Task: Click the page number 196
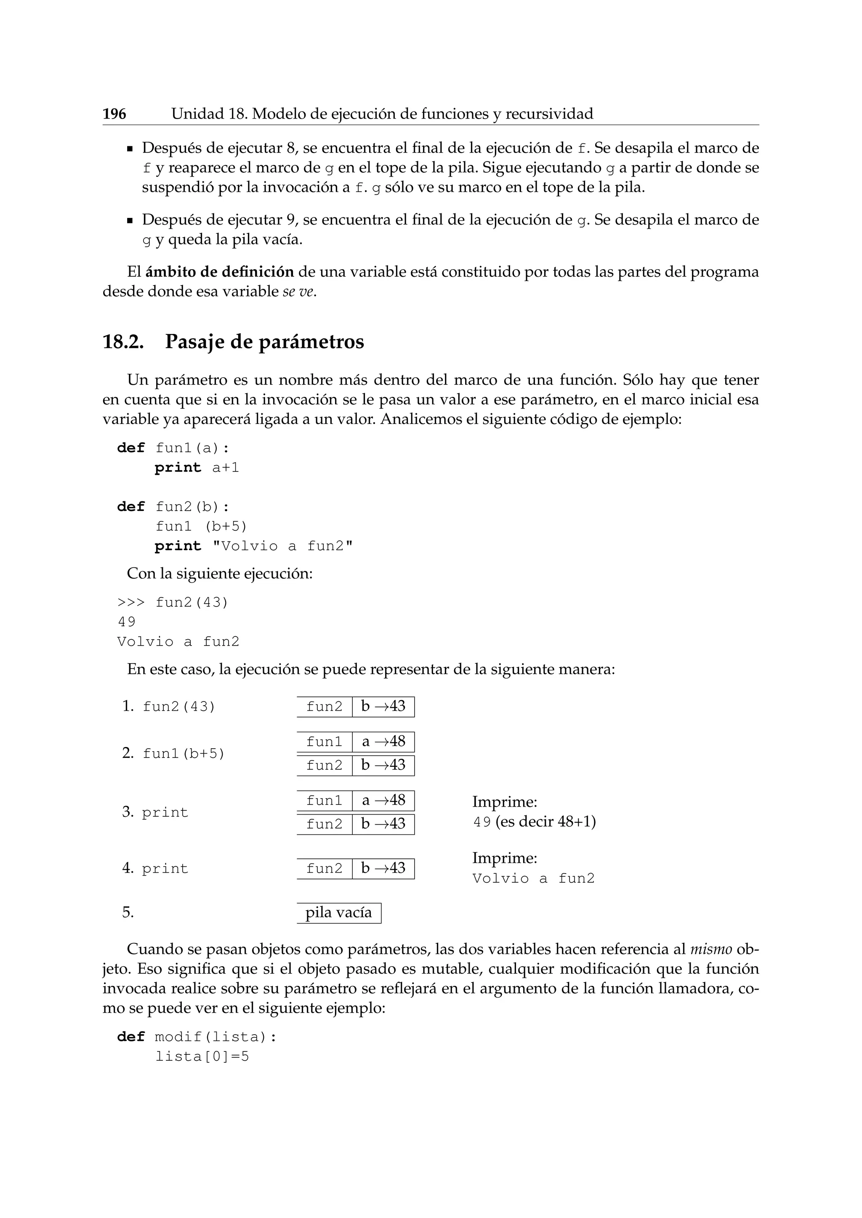pyautogui.click(x=114, y=114)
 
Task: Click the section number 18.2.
pyautogui.click(x=123, y=342)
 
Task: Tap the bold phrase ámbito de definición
pyautogui.click(x=219, y=272)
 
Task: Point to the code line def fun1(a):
pyautogui.click(x=173, y=448)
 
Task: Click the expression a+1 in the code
pyautogui.click(x=226, y=468)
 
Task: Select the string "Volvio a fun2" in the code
pyautogui.click(x=282, y=546)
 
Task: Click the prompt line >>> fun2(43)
pyautogui.click(x=173, y=603)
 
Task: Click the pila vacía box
pyautogui.click(x=339, y=912)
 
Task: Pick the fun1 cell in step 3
pyautogui.click(x=325, y=800)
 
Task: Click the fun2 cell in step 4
pyautogui.click(x=325, y=868)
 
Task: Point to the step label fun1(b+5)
pyautogui.click(x=184, y=753)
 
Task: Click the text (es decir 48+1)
pyautogui.click(x=545, y=822)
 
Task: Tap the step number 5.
pyautogui.click(x=128, y=912)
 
